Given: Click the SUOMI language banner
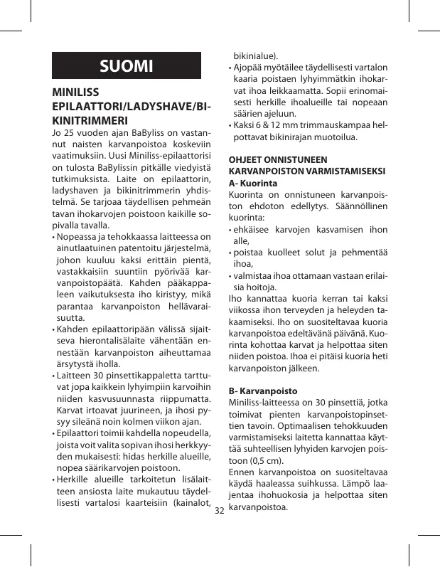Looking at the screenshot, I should tap(127, 66).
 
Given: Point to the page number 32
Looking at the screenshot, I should tap(219, 511).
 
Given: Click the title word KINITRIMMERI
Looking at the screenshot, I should tap(90, 120).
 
